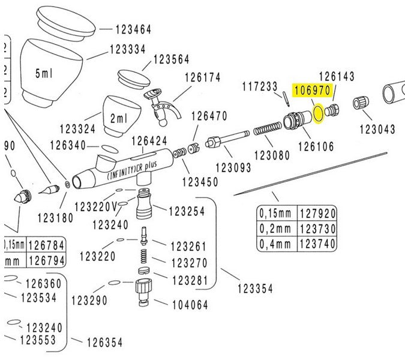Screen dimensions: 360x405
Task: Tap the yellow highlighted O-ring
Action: (319, 113)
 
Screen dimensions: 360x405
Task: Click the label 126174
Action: (203, 77)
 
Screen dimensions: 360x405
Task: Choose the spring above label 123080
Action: (266, 130)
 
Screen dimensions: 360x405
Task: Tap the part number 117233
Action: (259, 86)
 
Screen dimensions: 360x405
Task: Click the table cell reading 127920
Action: (317, 214)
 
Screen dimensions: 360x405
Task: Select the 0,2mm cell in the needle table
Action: (275, 229)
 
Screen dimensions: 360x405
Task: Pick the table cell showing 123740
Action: (317, 244)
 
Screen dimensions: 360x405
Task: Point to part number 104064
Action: (190, 305)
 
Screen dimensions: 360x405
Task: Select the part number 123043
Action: (377, 129)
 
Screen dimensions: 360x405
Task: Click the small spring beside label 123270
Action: (144, 259)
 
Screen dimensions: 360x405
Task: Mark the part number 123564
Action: (171, 59)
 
